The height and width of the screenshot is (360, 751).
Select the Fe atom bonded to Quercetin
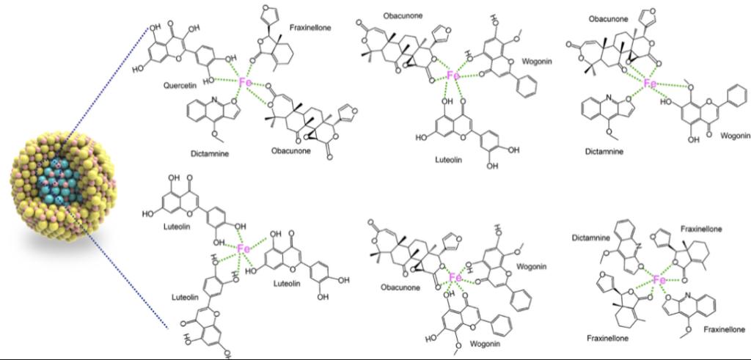pos(245,84)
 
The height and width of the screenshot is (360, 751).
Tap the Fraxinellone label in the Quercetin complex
pos(311,27)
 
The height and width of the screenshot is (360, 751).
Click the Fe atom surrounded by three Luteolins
pos(245,249)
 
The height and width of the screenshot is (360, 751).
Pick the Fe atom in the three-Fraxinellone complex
pos(659,280)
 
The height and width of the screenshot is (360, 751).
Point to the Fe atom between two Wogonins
pos(455,278)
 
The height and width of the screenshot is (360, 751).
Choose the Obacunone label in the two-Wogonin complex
pos(400,288)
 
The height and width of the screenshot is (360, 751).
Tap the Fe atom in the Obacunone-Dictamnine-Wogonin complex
pos(650,84)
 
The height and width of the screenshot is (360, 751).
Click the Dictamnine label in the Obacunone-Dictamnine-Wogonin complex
pos(605,151)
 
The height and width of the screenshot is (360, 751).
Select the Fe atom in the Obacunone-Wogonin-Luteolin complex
pos(453,76)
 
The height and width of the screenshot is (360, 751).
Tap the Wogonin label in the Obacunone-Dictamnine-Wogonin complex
pos(735,136)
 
